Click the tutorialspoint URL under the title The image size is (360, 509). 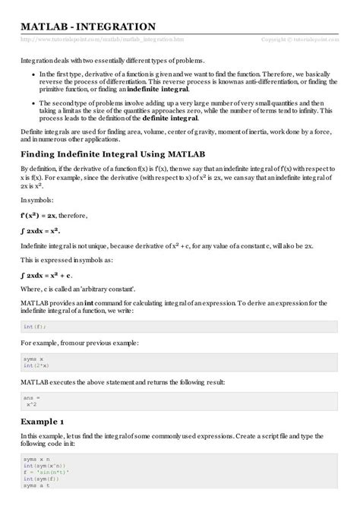coord(103,39)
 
